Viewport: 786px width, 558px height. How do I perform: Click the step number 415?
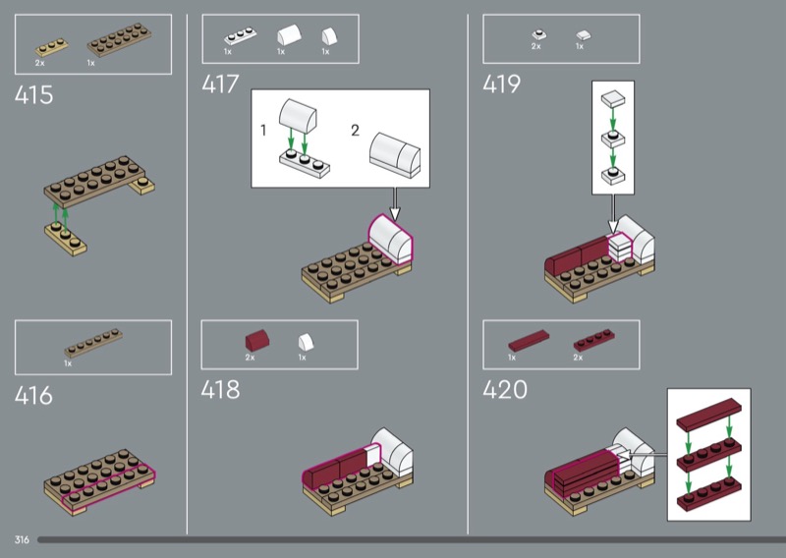(x=33, y=94)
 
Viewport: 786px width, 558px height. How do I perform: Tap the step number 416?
(x=33, y=395)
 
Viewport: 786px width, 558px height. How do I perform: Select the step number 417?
(x=220, y=84)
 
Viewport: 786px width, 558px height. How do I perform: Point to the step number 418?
(x=220, y=390)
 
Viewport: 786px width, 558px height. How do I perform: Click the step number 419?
(x=502, y=84)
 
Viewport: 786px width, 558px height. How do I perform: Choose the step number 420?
(x=505, y=390)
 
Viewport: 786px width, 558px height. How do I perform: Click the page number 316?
(x=22, y=539)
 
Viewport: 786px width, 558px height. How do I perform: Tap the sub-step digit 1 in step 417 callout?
(x=263, y=131)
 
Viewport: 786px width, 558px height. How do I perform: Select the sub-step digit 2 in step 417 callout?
(x=355, y=131)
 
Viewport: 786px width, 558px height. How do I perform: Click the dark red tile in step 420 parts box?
(x=529, y=340)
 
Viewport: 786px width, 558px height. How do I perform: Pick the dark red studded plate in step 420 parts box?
(x=594, y=339)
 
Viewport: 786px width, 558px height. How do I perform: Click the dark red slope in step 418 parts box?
(x=257, y=340)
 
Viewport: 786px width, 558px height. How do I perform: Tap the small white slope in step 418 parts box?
(x=306, y=342)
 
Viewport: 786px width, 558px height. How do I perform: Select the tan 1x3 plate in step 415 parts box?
(x=52, y=47)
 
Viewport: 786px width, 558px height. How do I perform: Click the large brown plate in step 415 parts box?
(x=119, y=39)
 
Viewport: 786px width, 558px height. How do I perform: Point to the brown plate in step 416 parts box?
(x=93, y=343)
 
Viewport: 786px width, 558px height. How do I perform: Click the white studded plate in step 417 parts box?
(x=240, y=36)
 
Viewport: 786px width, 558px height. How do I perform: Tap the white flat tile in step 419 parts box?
(x=583, y=35)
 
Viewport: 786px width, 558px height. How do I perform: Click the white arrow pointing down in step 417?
(x=395, y=204)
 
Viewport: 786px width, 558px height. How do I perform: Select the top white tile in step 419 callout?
(x=613, y=98)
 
